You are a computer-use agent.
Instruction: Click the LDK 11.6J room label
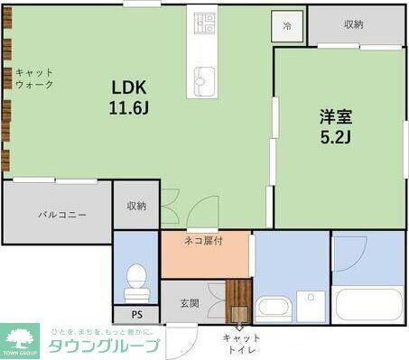[x=129, y=97]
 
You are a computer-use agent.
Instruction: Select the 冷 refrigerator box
[x=287, y=26]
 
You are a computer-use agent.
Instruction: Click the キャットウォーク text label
[x=34, y=78]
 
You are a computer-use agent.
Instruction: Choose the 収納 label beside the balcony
[x=136, y=207]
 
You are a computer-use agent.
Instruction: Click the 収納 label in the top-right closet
[x=353, y=24]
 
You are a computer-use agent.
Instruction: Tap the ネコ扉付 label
[x=203, y=241]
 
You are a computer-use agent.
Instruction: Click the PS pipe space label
[x=136, y=316]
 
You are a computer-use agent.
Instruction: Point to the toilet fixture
[x=136, y=282]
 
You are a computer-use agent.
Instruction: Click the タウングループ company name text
[x=103, y=346]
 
